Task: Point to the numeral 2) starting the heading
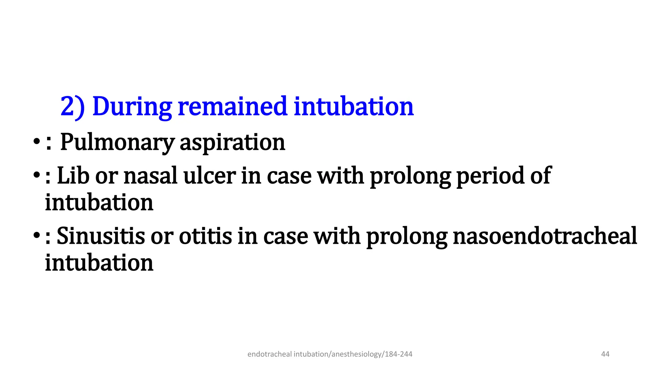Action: (x=73, y=107)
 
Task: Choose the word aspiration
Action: (x=232, y=142)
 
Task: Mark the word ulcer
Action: (x=209, y=176)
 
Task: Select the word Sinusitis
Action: (x=101, y=236)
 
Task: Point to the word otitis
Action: (x=205, y=236)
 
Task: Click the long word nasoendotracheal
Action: (x=545, y=236)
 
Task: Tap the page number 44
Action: (x=605, y=354)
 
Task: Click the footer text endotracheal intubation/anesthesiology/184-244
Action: (x=330, y=354)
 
